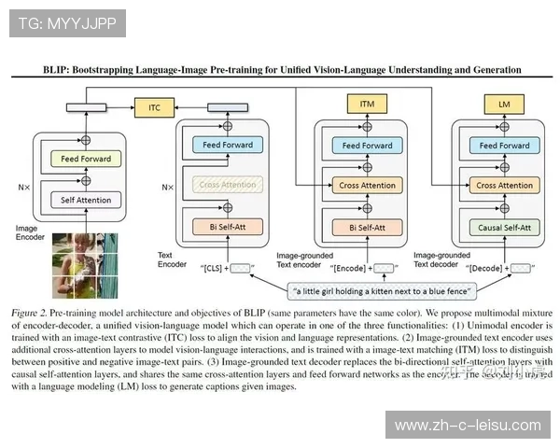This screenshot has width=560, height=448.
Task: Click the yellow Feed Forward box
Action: (x=85, y=160)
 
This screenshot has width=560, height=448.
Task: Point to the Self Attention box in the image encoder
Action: (x=85, y=200)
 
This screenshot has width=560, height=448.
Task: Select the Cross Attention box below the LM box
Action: (x=504, y=185)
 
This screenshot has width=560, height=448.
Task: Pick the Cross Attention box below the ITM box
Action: (x=368, y=185)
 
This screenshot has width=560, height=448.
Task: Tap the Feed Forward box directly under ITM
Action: (x=368, y=146)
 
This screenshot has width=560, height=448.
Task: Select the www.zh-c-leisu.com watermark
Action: (x=468, y=425)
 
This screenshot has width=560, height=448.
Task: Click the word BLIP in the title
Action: (x=59, y=70)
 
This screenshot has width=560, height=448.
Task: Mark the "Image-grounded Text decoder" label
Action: (x=442, y=259)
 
